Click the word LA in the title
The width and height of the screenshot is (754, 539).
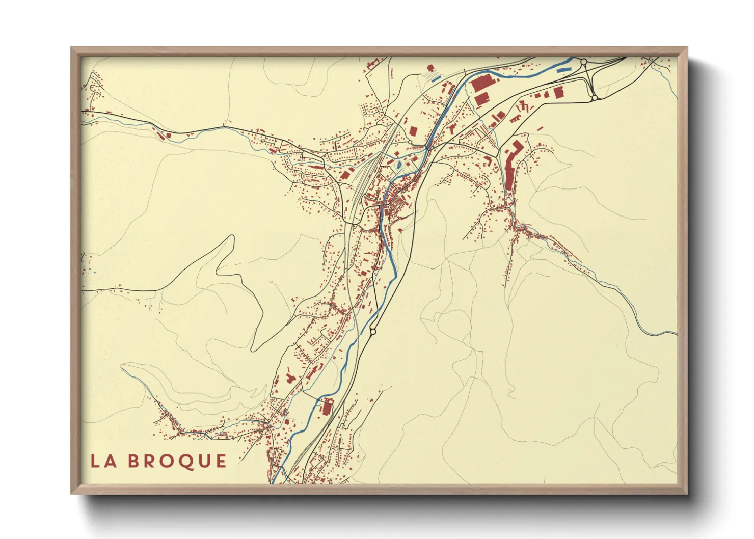pos(102,461)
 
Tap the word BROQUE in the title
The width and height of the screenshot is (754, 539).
pos(177,461)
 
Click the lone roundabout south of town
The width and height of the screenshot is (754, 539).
pos(373,332)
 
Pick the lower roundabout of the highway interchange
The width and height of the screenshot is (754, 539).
pos(594,97)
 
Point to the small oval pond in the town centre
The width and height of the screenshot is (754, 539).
pos(398,164)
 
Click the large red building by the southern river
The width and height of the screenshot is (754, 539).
pos(327,407)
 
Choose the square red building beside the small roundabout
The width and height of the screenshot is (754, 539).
pos(414,131)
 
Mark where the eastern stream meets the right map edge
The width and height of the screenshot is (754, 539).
pos(677,333)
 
